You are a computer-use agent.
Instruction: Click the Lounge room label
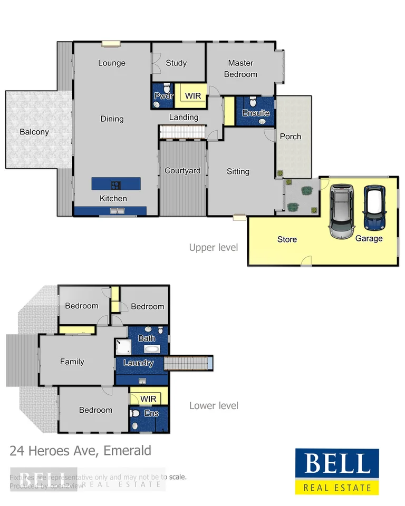112,63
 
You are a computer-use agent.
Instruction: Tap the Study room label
176,63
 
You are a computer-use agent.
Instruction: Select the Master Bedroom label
240,69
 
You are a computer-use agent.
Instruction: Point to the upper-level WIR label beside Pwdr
192,96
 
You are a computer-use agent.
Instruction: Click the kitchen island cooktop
115,184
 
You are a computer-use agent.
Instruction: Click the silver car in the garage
342,210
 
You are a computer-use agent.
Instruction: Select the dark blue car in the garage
375,208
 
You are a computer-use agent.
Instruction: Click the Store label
287,239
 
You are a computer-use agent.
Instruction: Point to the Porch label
290,137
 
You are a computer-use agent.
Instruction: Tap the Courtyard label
182,171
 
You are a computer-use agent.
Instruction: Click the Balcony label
34,132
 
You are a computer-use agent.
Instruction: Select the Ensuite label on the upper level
256,113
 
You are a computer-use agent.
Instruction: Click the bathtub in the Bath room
152,349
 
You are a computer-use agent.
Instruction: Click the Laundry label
138,363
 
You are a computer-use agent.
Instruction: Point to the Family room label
72,362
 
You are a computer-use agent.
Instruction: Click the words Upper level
214,247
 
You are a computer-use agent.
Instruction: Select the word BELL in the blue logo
336,464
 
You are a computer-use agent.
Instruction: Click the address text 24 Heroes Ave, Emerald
80,451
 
